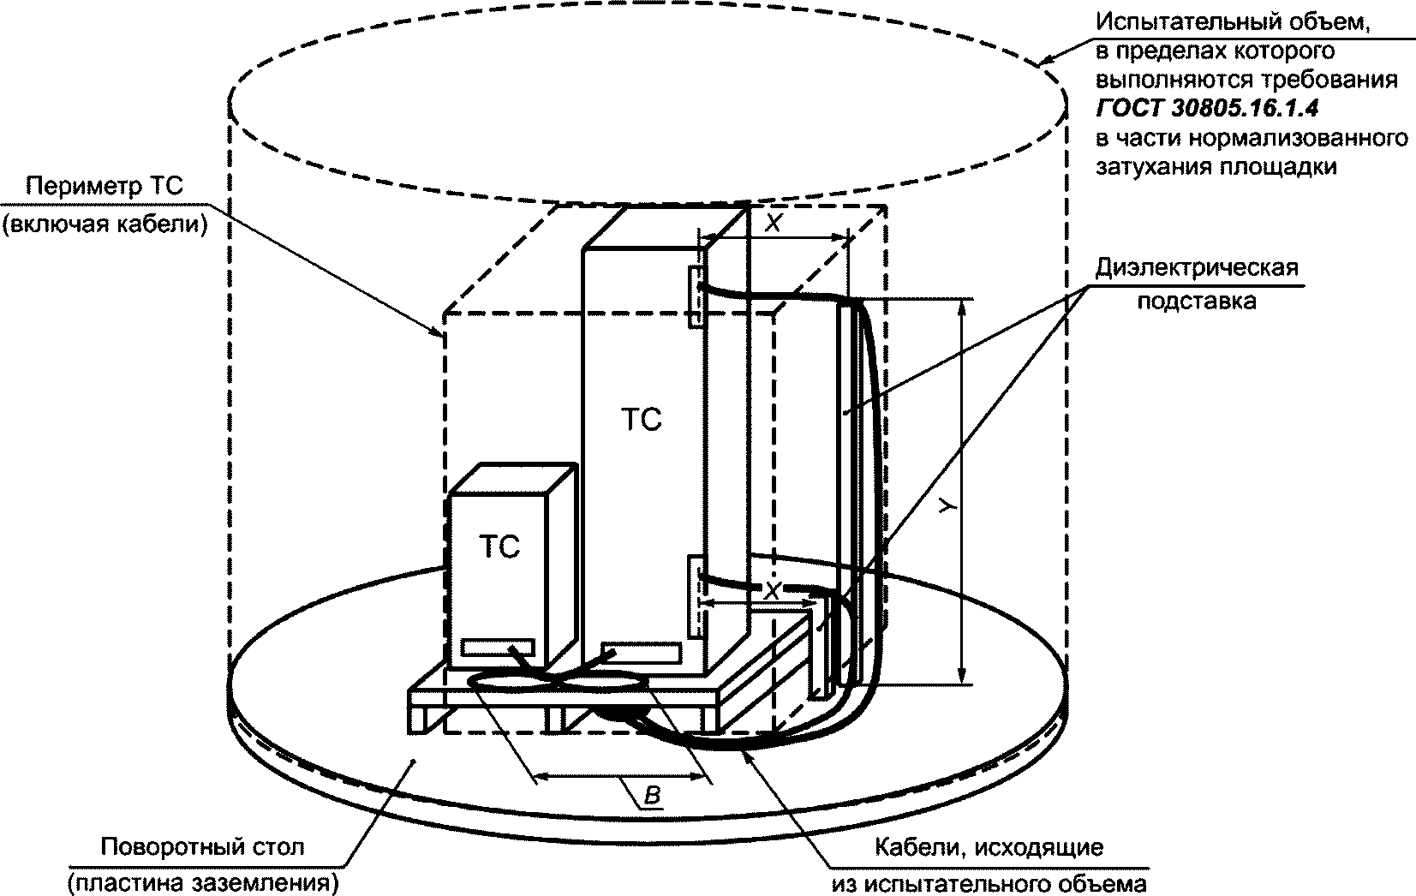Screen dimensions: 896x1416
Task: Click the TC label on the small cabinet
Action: (499, 547)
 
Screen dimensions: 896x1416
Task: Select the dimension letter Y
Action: (946, 507)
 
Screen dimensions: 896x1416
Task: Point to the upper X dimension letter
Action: (773, 224)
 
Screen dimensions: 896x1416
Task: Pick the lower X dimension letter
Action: (773, 591)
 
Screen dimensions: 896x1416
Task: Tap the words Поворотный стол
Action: (202, 848)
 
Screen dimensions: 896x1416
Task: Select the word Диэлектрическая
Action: (1197, 267)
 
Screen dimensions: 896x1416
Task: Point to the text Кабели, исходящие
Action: (989, 848)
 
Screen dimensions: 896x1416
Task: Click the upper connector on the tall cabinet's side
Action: (696, 296)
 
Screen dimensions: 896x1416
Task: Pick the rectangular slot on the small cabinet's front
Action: (499, 647)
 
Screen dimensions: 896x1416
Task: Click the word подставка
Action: (1196, 302)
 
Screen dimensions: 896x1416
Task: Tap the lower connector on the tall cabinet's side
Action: (696, 597)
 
